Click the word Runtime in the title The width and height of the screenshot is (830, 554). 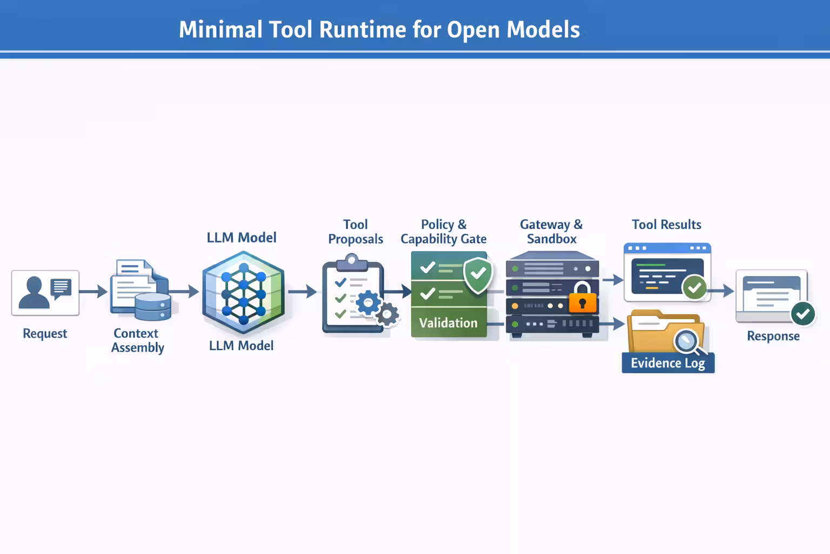(362, 30)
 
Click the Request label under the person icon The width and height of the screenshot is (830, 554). (45, 334)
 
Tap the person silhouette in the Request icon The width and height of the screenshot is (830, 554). (34, 293)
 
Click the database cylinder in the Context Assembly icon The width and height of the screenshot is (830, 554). (153, 307)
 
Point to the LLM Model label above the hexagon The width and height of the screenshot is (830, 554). (242, 238)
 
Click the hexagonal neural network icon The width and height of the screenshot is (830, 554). (243, 292)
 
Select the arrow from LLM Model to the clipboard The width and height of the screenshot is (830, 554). (303, 292)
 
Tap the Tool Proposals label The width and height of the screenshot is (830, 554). (356, 232)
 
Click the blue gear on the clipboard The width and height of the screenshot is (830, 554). (369, 302)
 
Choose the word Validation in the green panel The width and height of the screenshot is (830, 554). (449, 323)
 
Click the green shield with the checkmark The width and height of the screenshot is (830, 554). (478, 275)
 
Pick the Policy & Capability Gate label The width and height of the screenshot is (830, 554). (444, 232)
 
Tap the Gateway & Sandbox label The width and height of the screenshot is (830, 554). (552, 232)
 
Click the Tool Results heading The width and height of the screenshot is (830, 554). (666, 225)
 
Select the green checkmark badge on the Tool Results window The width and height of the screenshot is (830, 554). (694, 287)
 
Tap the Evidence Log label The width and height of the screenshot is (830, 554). (668, 363)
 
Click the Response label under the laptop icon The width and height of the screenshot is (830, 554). (773, 336)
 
